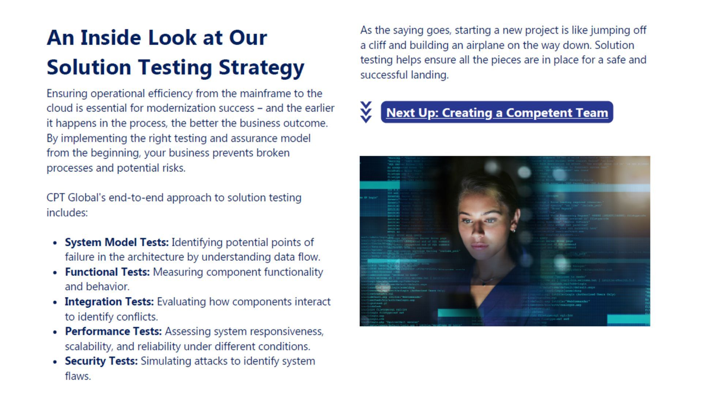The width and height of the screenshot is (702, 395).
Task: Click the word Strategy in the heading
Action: (x=261, y=68)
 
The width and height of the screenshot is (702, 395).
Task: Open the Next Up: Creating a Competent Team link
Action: (x=497, y=113)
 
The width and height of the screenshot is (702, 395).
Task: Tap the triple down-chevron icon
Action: (x=366, y=112)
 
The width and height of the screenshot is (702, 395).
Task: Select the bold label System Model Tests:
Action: (x=117, y=242)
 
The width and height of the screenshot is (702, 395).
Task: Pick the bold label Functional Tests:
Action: (x=107, y=272)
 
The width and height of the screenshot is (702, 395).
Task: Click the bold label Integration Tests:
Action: (x=109, y=302)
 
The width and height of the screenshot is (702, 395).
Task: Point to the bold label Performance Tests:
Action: (x=113, y=331)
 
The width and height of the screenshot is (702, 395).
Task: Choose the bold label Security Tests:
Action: (x=101, y=361)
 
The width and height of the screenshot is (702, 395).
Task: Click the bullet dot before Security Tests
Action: (x=55, y=362)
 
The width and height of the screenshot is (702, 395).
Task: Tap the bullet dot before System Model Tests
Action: (x=55, y=243)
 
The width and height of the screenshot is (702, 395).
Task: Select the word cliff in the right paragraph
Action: (x=377, y=45)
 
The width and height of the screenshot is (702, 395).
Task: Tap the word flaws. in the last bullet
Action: (x=78, y=376)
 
